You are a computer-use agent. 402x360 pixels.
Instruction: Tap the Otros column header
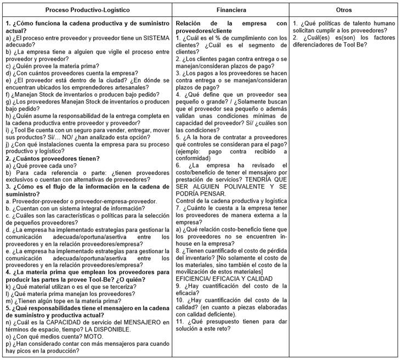pyautogui.click(x=344, y=10)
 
